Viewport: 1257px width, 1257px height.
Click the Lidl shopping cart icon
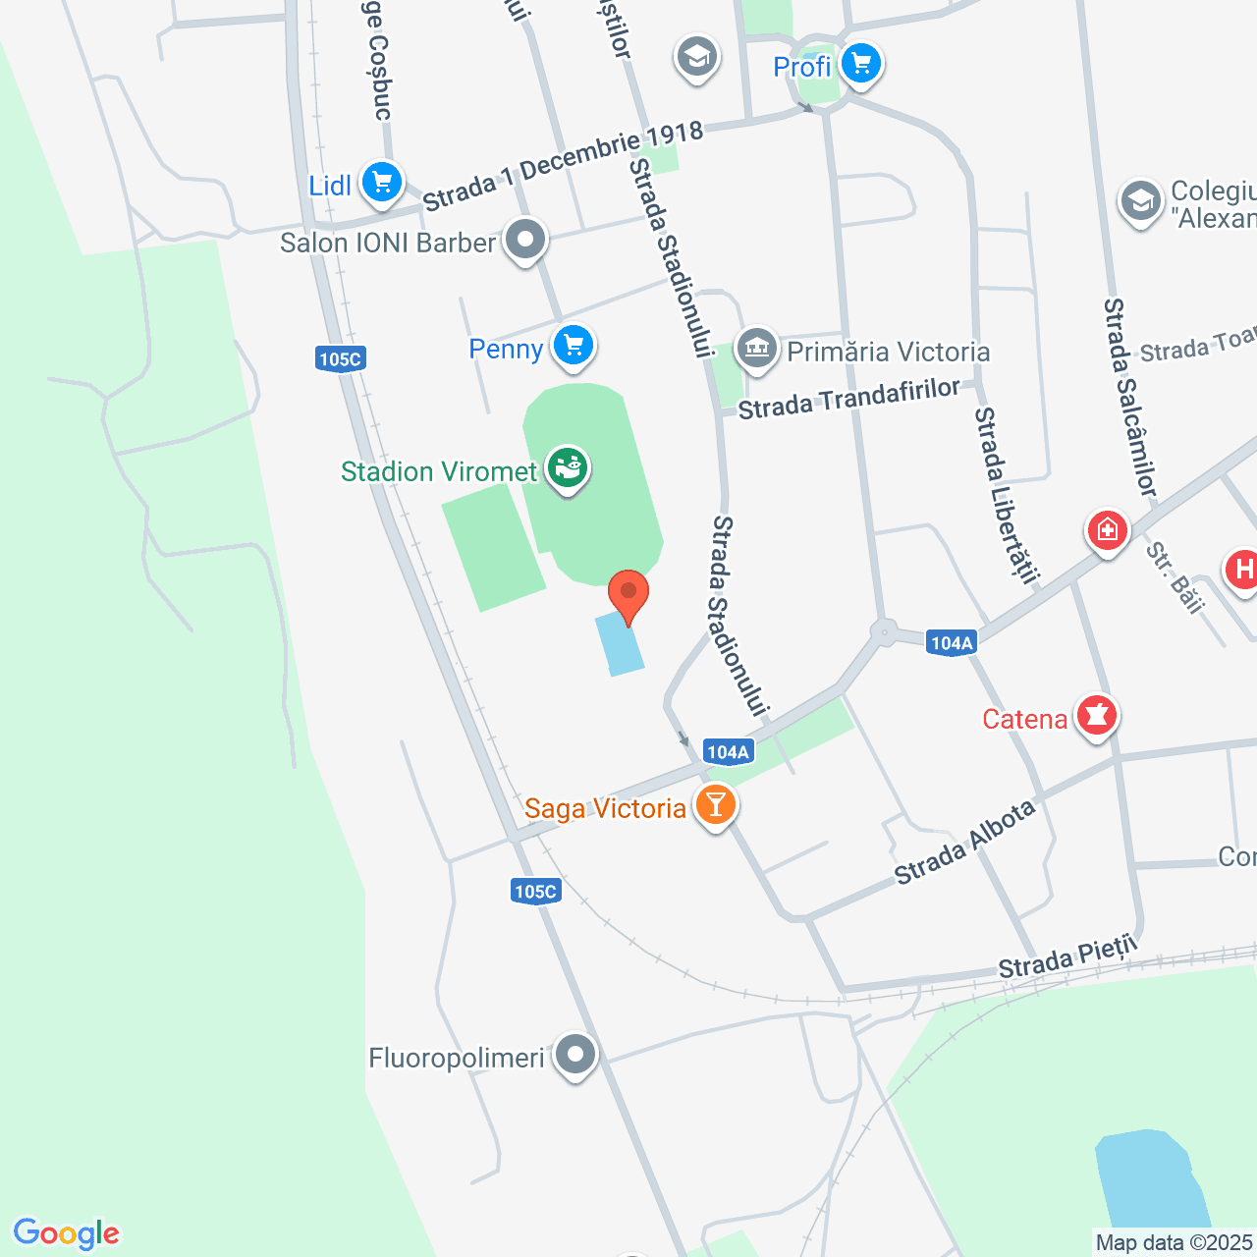(x=381, y=183)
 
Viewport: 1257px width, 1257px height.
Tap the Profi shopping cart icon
(x=861, y=64)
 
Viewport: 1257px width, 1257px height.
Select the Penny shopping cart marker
(x=574, y=346)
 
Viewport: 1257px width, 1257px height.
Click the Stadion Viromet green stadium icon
(x=568, y=468)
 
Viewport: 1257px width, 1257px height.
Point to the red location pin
(x=628, y=595)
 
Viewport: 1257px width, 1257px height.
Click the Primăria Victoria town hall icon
(x=757, y=349)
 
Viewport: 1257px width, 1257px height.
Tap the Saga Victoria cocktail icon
(x=715, y=805)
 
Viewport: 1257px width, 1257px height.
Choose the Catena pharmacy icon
(x=1097, y=716)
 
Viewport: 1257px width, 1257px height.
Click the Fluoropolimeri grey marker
(x=575, y=1055)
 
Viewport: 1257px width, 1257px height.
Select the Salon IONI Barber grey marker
(x=525, y=240)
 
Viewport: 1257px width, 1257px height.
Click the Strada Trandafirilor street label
(x=848, y=398)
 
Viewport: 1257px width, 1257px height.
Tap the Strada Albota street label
(x=964, y=842)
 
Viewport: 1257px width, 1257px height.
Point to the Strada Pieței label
(x=1067, y=956)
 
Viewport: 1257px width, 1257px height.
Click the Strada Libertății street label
(x=1005, y=495)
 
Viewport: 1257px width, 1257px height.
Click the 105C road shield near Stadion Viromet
(x=341, y=358)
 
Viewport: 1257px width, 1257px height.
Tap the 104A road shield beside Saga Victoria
(x=728, y=752)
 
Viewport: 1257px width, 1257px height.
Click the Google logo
(x=67, y=1233)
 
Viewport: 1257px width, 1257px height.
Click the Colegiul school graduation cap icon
(x=1140, y=202)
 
